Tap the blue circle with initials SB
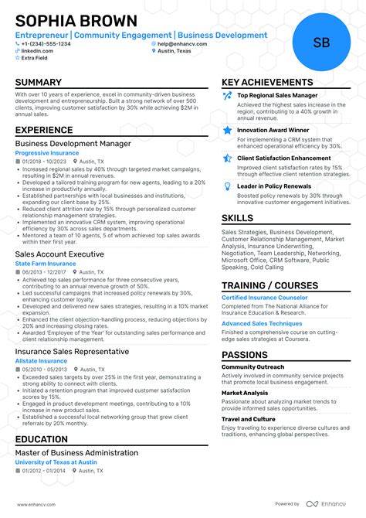point(321,43)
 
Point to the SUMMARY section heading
point(39,83)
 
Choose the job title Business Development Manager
point(73,143)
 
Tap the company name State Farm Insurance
point(46,264)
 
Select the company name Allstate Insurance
point(41,361)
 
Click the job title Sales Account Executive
point(59,254)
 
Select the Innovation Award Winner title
point(273,131)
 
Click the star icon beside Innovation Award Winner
point(227,131)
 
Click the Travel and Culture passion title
point(249,419)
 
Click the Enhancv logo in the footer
point(327,503)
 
